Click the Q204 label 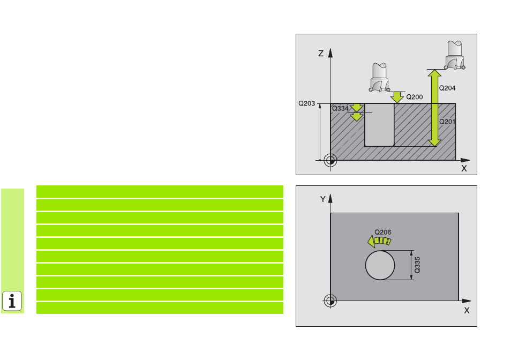pos(447,88)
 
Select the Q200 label pos(414,97)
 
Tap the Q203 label pos(307,103)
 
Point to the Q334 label pos(340,108)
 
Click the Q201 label pos(447,122)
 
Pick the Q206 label pos(382,232)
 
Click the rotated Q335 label pos(417,265)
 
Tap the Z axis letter pos(321,54)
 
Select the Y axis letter pos(322,199)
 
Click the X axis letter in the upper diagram pos(464,168)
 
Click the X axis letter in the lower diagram pos(467,311)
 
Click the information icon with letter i pos(12,301)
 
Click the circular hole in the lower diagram pos(380,265)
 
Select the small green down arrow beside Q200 pos(397,97)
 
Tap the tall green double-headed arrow pos(435,108)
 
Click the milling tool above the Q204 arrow pos(455,55)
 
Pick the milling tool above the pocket pos(380,78)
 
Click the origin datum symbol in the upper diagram pos(330,160)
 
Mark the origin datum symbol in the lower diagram pos(330,301)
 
